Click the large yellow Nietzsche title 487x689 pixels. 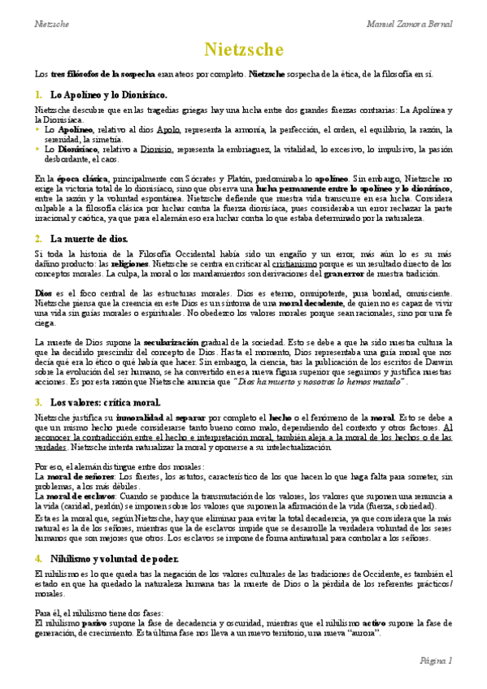(x=243, y=50)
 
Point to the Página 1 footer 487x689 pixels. (x=436, y=661)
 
